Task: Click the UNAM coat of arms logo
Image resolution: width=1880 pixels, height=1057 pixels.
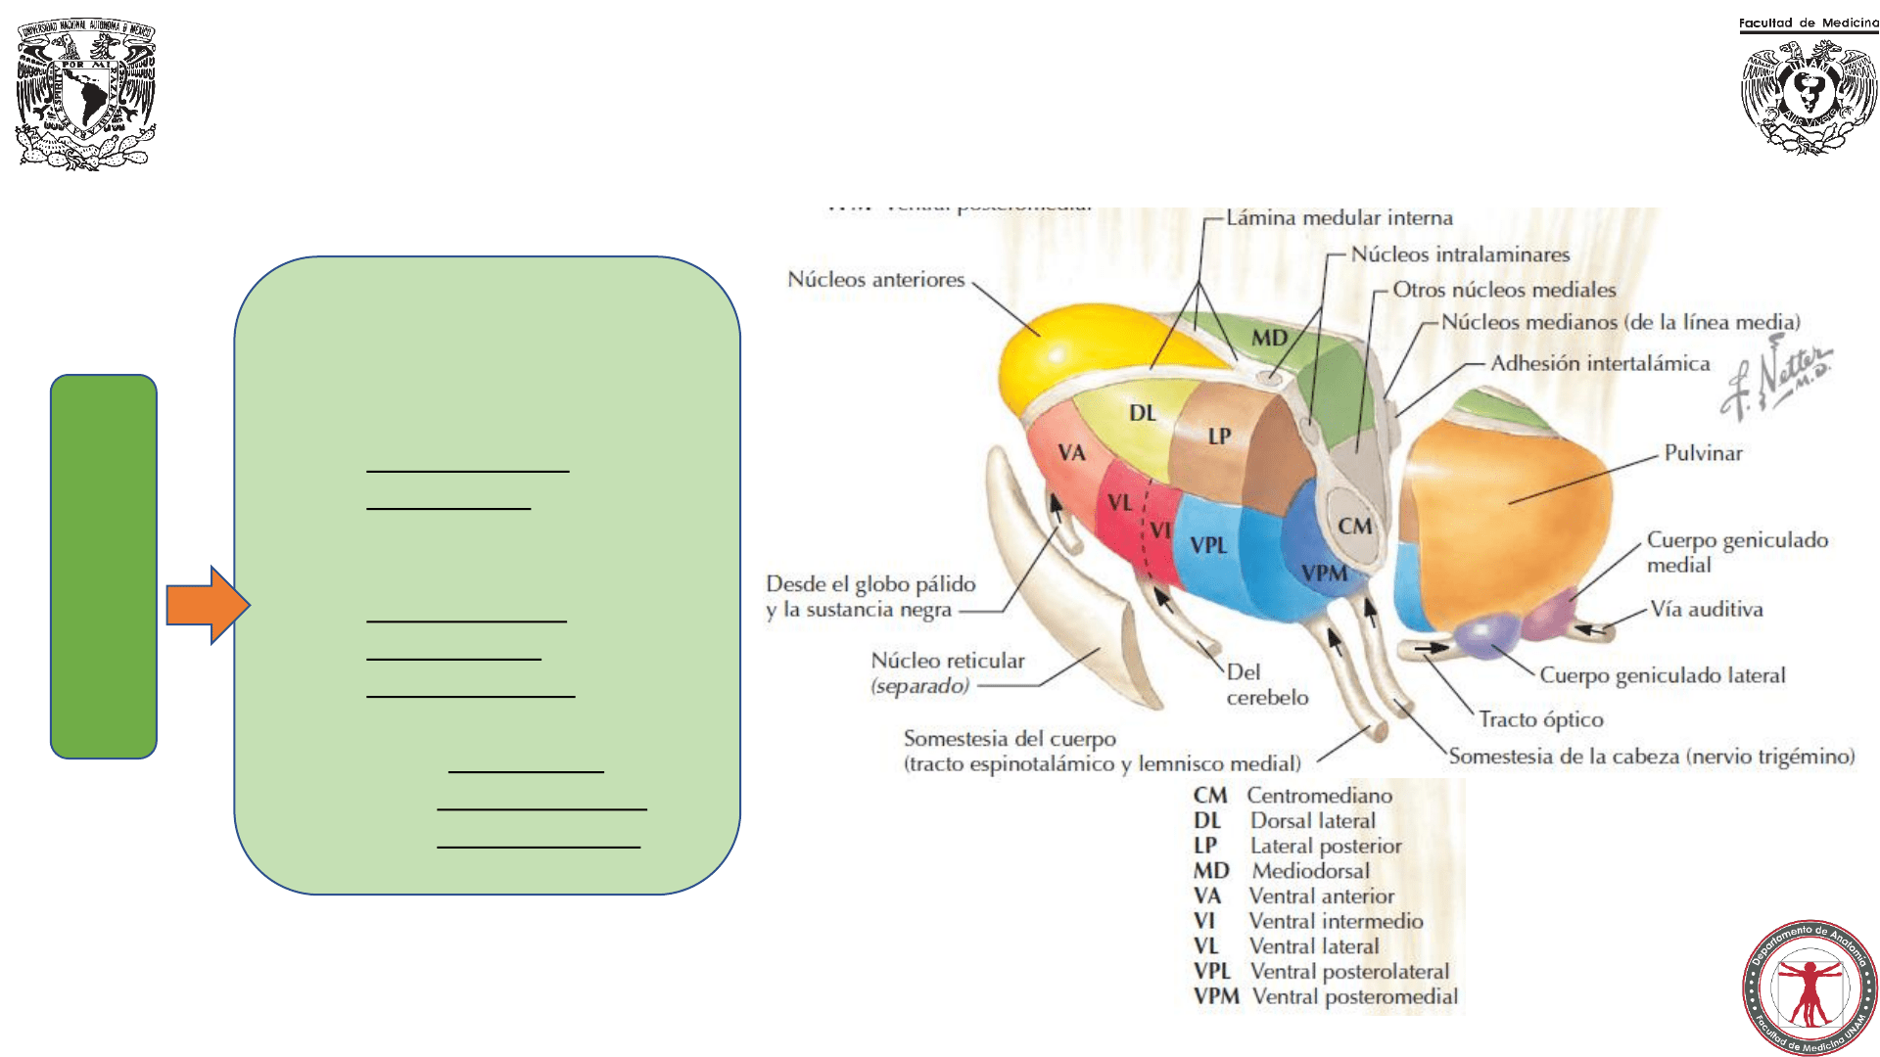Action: pyautogui.click(x=85, y=94)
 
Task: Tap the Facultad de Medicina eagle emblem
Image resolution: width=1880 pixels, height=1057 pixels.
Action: pyautogui.click(x=1809, y=96)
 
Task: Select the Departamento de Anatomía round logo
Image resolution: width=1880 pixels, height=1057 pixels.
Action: pyautogui.click(x=1809, y=987)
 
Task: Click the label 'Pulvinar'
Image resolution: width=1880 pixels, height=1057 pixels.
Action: pyautogui.click(x=1703, y=453)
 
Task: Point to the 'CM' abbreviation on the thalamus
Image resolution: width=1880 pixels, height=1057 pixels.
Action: pyautogui.click(x=1355, y=527)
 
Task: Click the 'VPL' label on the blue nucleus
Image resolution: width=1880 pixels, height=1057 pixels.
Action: pyautogui.click(x=1208, y=545)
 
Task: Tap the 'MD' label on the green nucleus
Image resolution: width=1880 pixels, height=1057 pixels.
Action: pyautogui.click(x=1269, y=338)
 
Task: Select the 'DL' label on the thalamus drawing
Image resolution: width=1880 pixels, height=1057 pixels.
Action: pyautogui.click(x=1143, y=413)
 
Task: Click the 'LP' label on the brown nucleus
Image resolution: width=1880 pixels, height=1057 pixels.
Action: pyautogui.click(x=1219, y=437)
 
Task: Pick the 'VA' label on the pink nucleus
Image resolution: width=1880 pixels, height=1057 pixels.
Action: pyautogui.click(x=1071, y=453)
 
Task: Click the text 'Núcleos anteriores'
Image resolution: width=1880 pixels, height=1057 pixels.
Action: pyautogui.click(x=876, y=280)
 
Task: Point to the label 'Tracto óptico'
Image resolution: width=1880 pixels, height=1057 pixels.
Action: pyautogui.click(x=1540, y=719)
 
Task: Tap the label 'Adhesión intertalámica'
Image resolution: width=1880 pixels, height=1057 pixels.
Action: pyautogui.click(x=1600, y=363)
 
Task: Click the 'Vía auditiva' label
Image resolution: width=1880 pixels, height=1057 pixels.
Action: pyautogui.click(x=1706, y=609)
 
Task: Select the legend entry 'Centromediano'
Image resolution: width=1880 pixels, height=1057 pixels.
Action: pyautogui.click(x=1319, y=796)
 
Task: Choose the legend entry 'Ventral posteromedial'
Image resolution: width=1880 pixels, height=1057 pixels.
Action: pyautogui.click(x=1355, y=996)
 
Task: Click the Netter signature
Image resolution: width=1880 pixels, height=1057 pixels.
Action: pyautogui.click(x=1777, y=377)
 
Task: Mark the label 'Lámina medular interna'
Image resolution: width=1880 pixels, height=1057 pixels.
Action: pyautogui.click(x=1339, y=217)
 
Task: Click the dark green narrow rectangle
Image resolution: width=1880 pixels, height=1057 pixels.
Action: pyautogui.click(x=104, y=566)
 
